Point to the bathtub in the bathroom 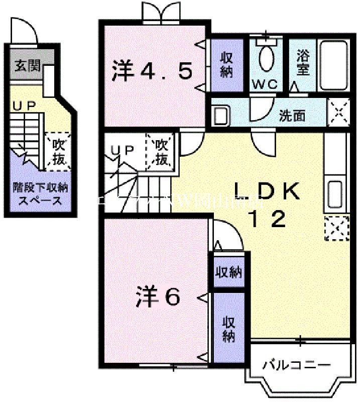click(333, 64)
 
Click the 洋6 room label click(157, 297)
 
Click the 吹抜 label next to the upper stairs click(161, 152)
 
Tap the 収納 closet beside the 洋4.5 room click(226, 64)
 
